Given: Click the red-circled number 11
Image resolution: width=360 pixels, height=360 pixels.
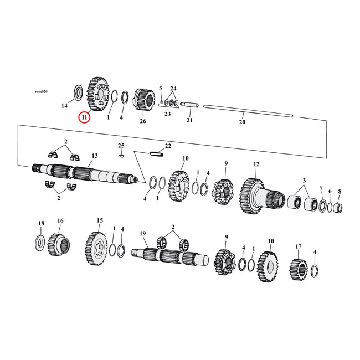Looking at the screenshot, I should click(84, 117).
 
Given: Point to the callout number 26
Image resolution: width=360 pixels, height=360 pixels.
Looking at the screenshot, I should click(143, 121).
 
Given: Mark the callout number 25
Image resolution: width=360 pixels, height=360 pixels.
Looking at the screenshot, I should click(121, 145).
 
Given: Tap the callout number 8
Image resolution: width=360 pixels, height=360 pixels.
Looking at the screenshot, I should click(340, 191).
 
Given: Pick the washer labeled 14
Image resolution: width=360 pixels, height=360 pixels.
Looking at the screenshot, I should click(78, 91).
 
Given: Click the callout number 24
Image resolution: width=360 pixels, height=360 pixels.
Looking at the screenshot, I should click(173, 88).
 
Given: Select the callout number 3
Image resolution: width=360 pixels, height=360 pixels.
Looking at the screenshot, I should click(304, 181).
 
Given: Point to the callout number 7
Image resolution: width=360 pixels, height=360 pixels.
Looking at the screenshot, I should click(321, 189).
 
